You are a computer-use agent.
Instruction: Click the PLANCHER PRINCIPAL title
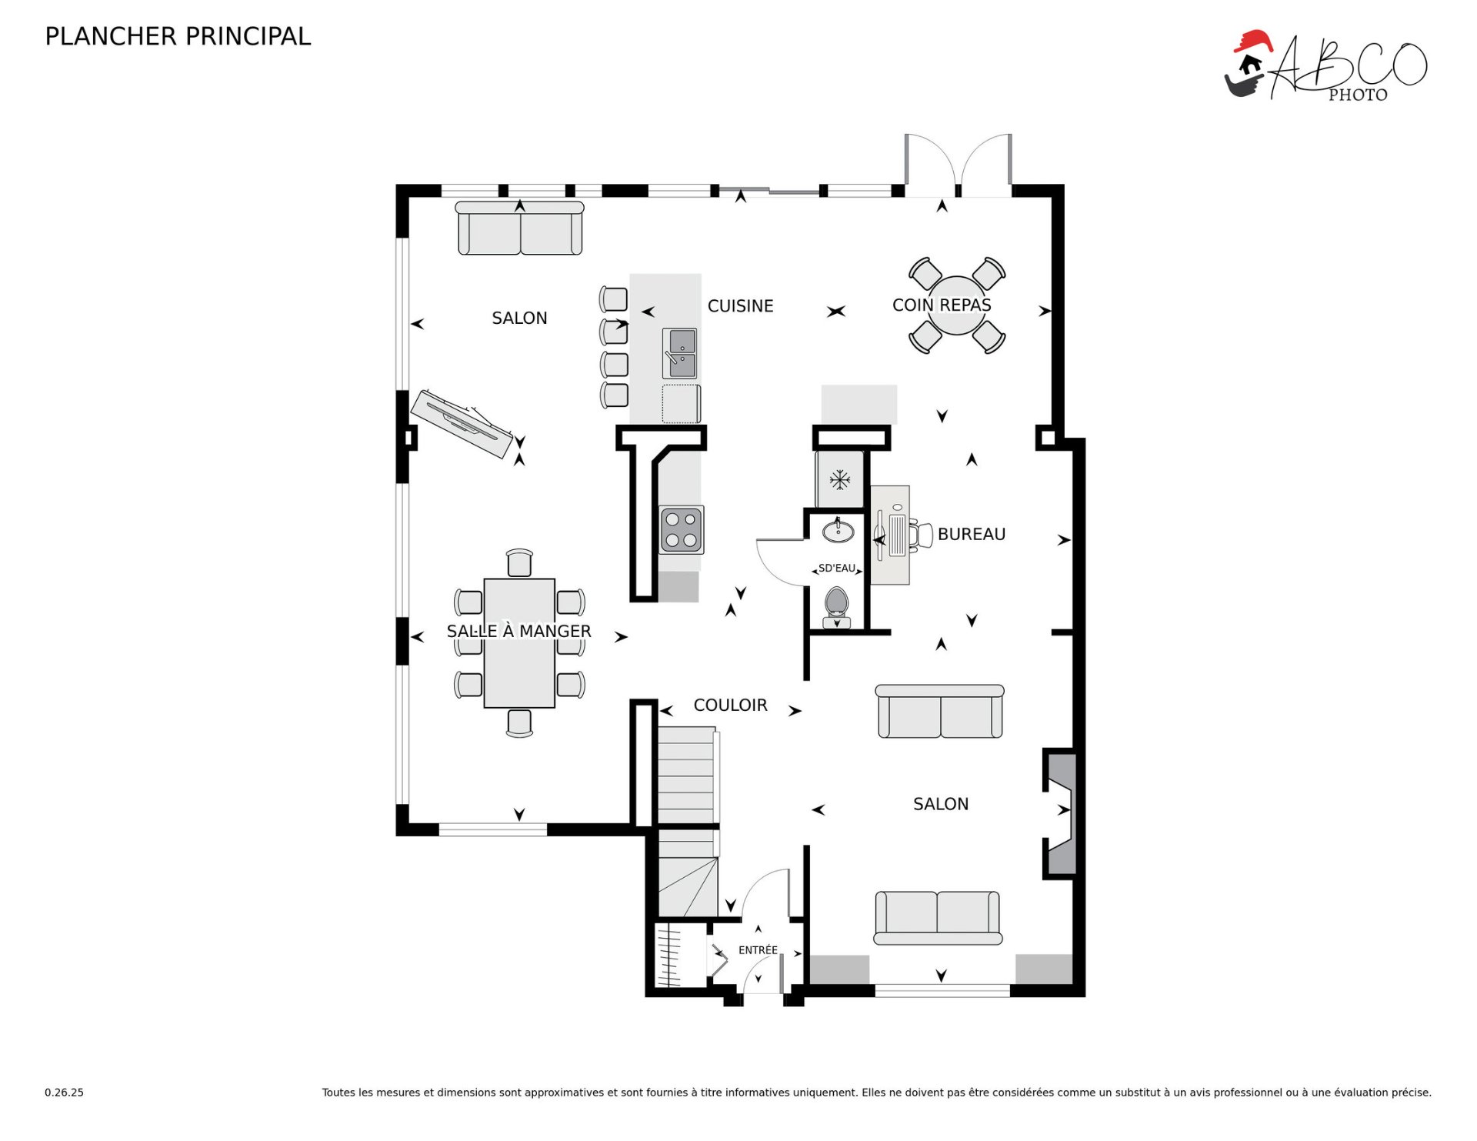point(178,36)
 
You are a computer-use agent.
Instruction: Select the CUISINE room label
point(740,306)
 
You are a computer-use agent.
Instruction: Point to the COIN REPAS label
point(942,305)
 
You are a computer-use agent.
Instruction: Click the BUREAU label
point(972,534)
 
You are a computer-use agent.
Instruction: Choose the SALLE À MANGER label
point(519,631)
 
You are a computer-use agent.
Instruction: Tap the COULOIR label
point(730,705)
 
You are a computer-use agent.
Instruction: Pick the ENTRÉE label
point(758,950)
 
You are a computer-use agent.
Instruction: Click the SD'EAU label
point(837,569)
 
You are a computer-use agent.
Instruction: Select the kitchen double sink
point(680,353)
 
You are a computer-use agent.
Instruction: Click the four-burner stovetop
point(682,529)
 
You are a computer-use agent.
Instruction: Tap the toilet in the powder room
point(836,606)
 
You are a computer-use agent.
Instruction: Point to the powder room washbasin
point(839,531)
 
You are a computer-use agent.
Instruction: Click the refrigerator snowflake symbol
point(840,481)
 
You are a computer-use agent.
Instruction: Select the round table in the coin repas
point(957,305)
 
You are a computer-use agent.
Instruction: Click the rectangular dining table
point(519,643)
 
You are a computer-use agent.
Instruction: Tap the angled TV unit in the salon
point(462,424)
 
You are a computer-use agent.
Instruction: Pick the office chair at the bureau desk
point(921,535)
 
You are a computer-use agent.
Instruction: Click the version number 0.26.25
point(64,1093)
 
